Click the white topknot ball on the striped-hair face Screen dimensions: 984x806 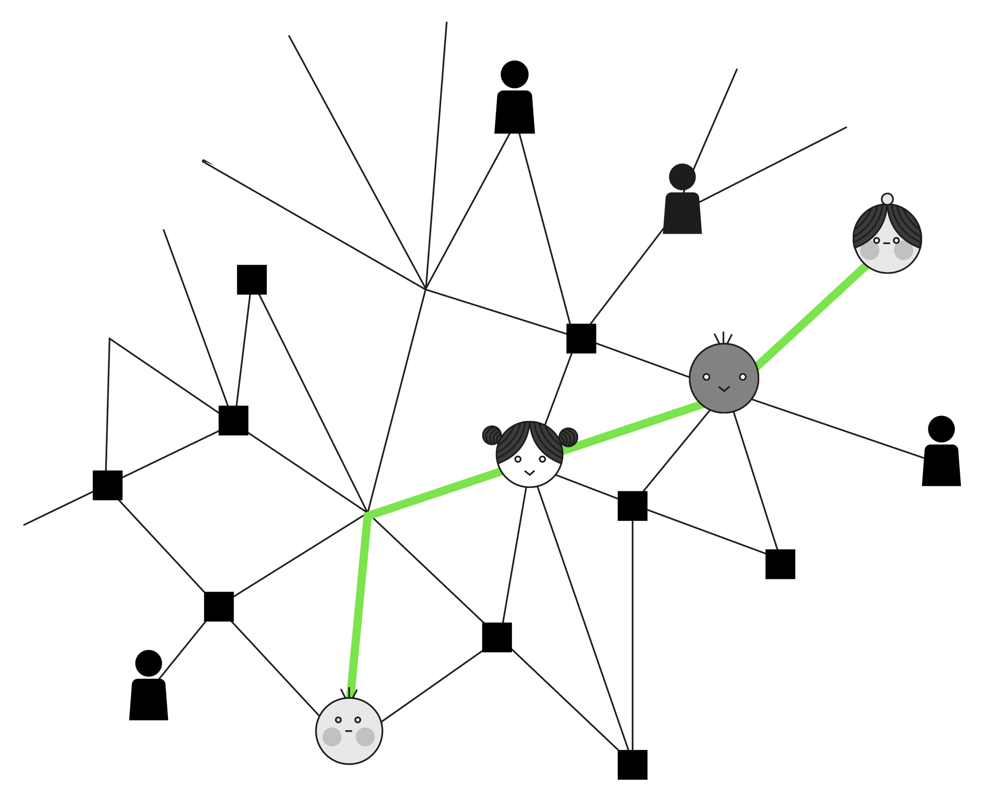pyautogui.click(x=887, y=199)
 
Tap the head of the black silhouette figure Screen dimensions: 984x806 pyautogui.click(x=682, y=177)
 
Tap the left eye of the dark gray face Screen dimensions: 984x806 pyautogui.click(x=706, y=377)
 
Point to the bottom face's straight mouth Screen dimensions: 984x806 pyautogui.click(x=349, y=731)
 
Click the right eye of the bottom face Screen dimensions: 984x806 pyautogui.click(x=357, y=720)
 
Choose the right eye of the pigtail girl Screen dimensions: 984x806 pyautogui.click(x=542, y=459)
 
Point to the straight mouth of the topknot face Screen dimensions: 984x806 pyautogui.click(x=886, y=243)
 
